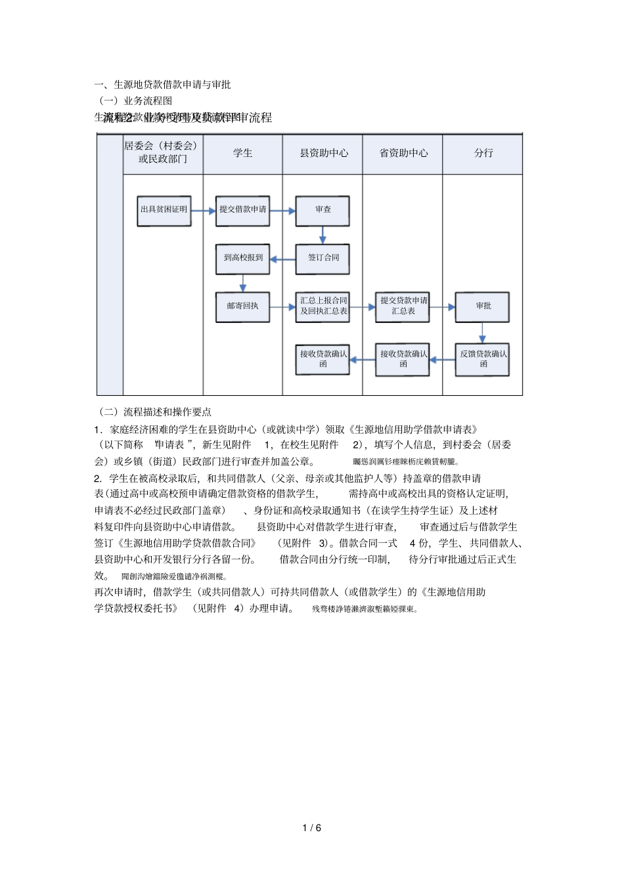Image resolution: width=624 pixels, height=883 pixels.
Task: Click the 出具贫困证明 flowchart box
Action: coord(164,210)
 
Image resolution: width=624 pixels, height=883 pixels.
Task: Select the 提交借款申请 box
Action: coord(243,210)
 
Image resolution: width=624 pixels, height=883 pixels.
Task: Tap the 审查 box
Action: coord(323,210)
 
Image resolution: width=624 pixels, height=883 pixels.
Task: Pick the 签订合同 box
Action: coord(323,258)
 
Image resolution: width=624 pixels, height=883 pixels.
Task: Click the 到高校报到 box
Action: coord(243,258)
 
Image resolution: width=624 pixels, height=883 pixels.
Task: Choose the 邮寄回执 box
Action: coord(243,306)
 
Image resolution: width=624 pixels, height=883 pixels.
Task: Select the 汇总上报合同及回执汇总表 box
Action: coord(323,306)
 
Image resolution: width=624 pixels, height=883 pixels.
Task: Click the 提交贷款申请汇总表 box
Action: coord(403,306)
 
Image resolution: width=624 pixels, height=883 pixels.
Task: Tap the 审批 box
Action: coord(483,306)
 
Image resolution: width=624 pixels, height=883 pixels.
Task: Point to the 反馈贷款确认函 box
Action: coord(483,358)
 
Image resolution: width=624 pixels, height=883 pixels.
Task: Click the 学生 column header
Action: coord(243,153)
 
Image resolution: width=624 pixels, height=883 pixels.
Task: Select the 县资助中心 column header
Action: coord(324,153)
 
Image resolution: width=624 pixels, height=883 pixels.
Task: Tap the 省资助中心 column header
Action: coord(403,153)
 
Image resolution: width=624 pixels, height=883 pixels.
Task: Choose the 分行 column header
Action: coord(483,153)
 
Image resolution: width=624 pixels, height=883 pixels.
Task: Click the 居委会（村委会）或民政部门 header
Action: coord(162,152)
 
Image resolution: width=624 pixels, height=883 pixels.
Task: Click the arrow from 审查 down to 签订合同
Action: coord(323,235)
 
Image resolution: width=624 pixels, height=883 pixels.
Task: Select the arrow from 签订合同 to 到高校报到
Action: coord(282,259)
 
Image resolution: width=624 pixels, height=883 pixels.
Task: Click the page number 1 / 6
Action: coord(312,828)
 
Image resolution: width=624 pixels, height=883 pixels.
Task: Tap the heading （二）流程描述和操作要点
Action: coord(154,412)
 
